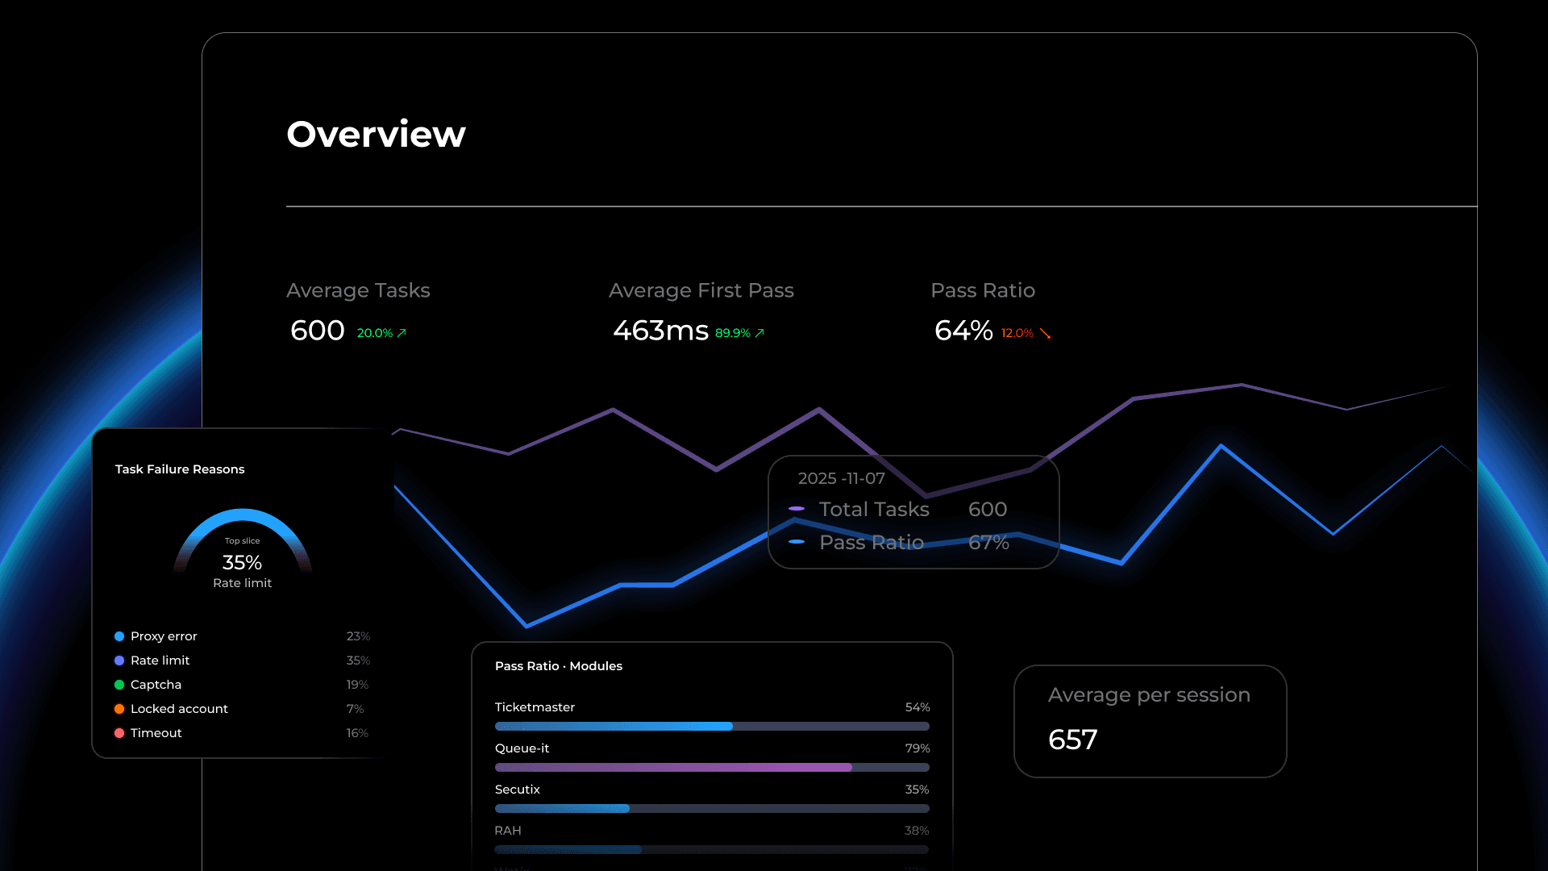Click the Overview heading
376,134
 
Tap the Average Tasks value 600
318,331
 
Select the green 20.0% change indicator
375,333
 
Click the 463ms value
660,331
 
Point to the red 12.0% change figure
1017,333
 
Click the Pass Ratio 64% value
963,331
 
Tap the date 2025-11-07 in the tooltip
841,478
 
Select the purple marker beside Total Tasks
797,509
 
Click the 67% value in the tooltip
988,543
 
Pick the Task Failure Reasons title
180,469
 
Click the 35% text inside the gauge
242,562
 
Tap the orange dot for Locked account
119,709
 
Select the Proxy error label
164,636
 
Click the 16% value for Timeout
357,733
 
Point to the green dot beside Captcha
119,685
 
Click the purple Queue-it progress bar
673,768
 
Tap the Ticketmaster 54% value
918,707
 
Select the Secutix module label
517,790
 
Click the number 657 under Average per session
1072,740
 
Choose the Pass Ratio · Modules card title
558,666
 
